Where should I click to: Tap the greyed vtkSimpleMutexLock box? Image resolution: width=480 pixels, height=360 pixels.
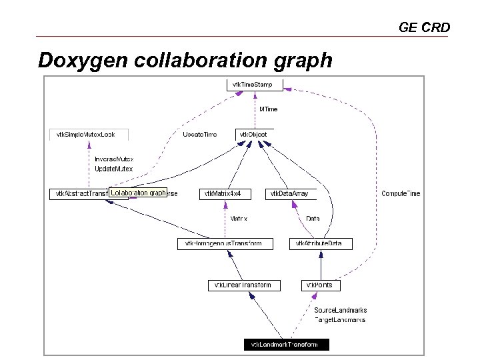tap(89, 135)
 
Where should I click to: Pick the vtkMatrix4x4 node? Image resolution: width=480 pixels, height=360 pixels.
tap(227, 194)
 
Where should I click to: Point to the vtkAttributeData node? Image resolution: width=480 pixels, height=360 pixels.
tap(320, 244)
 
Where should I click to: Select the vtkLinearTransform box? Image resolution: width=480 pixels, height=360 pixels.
tap(244, 285)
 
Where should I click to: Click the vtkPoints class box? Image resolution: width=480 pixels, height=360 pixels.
tap(321, 285)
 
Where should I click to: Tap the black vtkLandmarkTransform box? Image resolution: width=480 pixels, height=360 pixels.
tap(287, 345)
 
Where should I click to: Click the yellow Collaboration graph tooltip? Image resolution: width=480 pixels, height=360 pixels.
tap(138, 193)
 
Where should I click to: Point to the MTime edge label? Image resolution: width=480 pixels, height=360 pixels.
tap(269, 109)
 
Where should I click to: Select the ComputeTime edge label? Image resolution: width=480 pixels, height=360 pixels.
tap(401, 194)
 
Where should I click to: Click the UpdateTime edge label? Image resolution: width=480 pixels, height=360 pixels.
tap(199, 135)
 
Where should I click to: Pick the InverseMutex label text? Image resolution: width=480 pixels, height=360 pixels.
tap(113, 159)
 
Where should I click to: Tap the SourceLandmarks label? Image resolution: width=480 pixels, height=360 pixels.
tap(340, 310)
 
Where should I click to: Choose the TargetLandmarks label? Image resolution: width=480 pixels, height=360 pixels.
tap(340, 319)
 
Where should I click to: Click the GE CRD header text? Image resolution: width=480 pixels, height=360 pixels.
tap(424, 27)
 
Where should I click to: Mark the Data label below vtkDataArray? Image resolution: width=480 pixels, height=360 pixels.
tap(313, 219)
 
